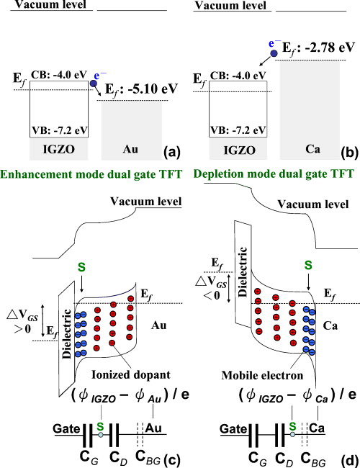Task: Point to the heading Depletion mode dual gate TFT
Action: (x=268, y=173)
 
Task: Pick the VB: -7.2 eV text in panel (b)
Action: (x=239, y=130)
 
